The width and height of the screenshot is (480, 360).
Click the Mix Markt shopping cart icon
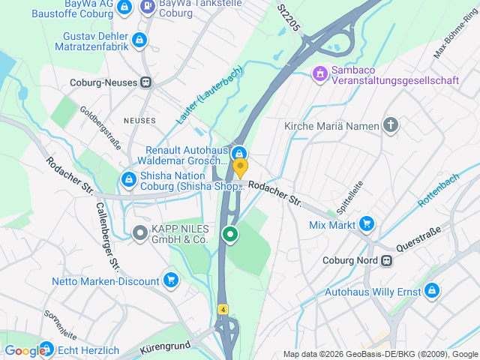(367, 223)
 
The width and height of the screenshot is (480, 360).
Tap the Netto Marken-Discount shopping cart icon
(172, 281)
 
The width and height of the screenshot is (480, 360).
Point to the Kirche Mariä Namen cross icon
(390, 125)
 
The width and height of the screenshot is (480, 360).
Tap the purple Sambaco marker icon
(319, 73)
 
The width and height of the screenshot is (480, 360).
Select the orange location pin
(240, 167)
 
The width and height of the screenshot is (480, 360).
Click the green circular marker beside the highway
(231, 235)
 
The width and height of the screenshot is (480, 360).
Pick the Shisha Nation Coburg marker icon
(128, 180)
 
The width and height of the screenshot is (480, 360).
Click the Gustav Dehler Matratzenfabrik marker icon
(138, 40)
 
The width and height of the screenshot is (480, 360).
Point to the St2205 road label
(288, 17)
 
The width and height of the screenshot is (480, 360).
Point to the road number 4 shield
(223, 309)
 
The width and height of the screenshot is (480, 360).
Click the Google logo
(24, 350)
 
